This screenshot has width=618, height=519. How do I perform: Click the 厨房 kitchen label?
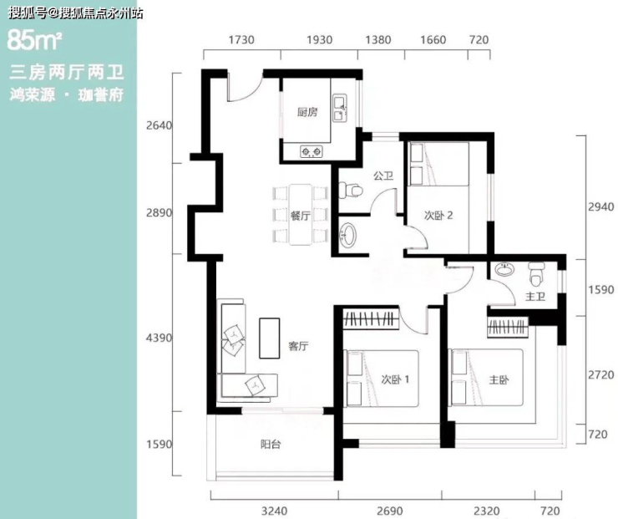tap(307, 112)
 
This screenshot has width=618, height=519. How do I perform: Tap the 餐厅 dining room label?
tap(300, 216)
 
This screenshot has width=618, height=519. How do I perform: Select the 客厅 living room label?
tap(298, 346)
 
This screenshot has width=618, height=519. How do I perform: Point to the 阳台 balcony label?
tap(271, 445)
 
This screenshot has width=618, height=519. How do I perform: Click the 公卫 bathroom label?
tap(383, 176)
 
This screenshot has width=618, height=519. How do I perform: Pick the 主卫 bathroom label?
tap(535, 296)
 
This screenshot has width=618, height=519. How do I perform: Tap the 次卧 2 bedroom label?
tap(438, 216)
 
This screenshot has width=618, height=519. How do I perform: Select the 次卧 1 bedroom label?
tap(395, 379)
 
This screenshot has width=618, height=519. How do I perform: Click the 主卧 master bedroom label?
tap(499, 379)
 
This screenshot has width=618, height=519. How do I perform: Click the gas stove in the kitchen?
tap(311, 151)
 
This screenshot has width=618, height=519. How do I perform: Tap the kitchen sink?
tap(340, 108)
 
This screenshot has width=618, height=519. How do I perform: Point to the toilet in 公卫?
tap(351, 191)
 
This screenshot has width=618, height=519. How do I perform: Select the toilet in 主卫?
tap(537, 273)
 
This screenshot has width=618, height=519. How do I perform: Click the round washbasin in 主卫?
tap(505, 270)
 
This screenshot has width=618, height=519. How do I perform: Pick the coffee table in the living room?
tap(270, 338)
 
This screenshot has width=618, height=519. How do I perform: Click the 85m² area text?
tap(34, 40)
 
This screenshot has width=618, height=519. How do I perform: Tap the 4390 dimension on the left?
tap(160, 338)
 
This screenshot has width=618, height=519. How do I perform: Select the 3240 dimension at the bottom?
tap(274, 511)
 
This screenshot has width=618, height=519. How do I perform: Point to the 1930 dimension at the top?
tap(320, 40)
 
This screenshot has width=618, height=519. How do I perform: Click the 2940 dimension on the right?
tap(601, 206)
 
